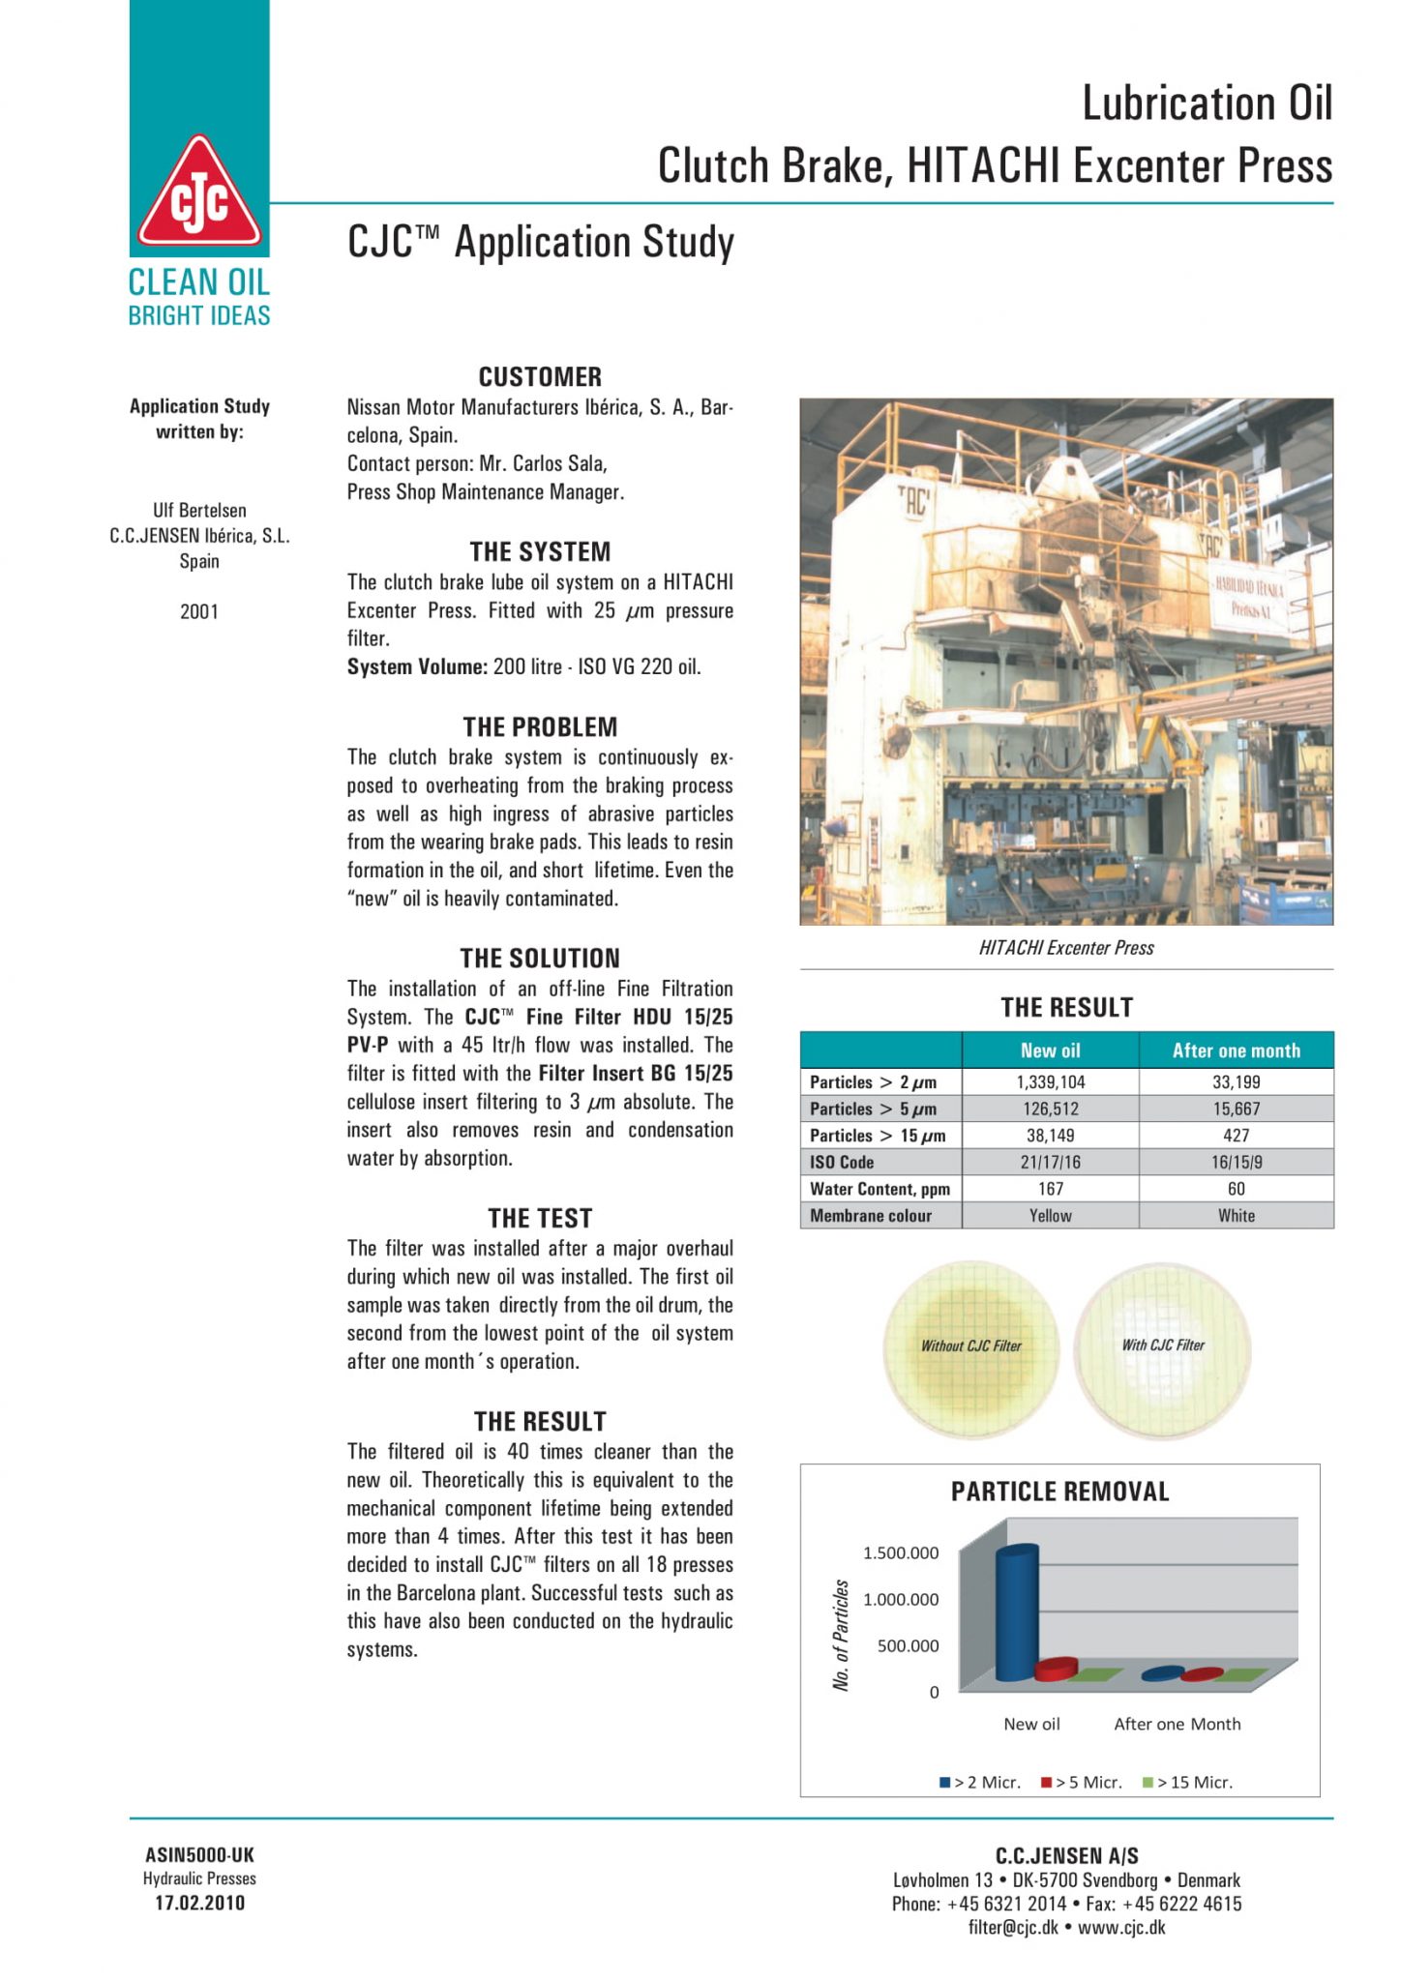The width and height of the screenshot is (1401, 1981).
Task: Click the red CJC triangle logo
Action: tap(199, 193)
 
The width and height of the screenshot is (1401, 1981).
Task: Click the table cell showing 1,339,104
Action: tap(1050, 1081)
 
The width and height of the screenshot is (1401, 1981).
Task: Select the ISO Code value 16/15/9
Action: tap(1236, 1162)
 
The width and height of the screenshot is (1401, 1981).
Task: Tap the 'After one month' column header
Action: tap(1236, 1050)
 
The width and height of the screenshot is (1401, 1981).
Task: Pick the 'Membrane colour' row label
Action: tap(871, 1216)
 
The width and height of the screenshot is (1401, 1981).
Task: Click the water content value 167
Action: tap(1050, 1189)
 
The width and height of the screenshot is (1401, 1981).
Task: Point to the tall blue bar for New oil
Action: tap(1017, 1611)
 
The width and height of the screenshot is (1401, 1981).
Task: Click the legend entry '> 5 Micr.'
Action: tap(1082, 1782)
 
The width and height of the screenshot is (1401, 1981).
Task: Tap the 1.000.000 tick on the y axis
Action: tap(900, 1599)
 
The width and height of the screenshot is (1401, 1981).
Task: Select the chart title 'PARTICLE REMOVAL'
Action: tap(1059, 1492)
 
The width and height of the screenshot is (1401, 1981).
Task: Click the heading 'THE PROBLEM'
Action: tap(540, 726)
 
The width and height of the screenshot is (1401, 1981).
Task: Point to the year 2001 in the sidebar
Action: tap(199, 611)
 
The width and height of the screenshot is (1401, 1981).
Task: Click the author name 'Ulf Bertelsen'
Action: tap(199, 510)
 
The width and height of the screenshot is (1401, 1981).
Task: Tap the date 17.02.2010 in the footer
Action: tap(199, 1903)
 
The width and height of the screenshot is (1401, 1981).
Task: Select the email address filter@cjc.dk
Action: tap(1013, 1927)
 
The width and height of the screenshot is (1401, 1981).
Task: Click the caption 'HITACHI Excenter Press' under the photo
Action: tap(1066, 948)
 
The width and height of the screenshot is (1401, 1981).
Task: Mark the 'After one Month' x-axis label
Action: tap(1177, 1724)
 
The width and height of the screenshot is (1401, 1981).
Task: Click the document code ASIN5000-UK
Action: tap(199, 1854)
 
